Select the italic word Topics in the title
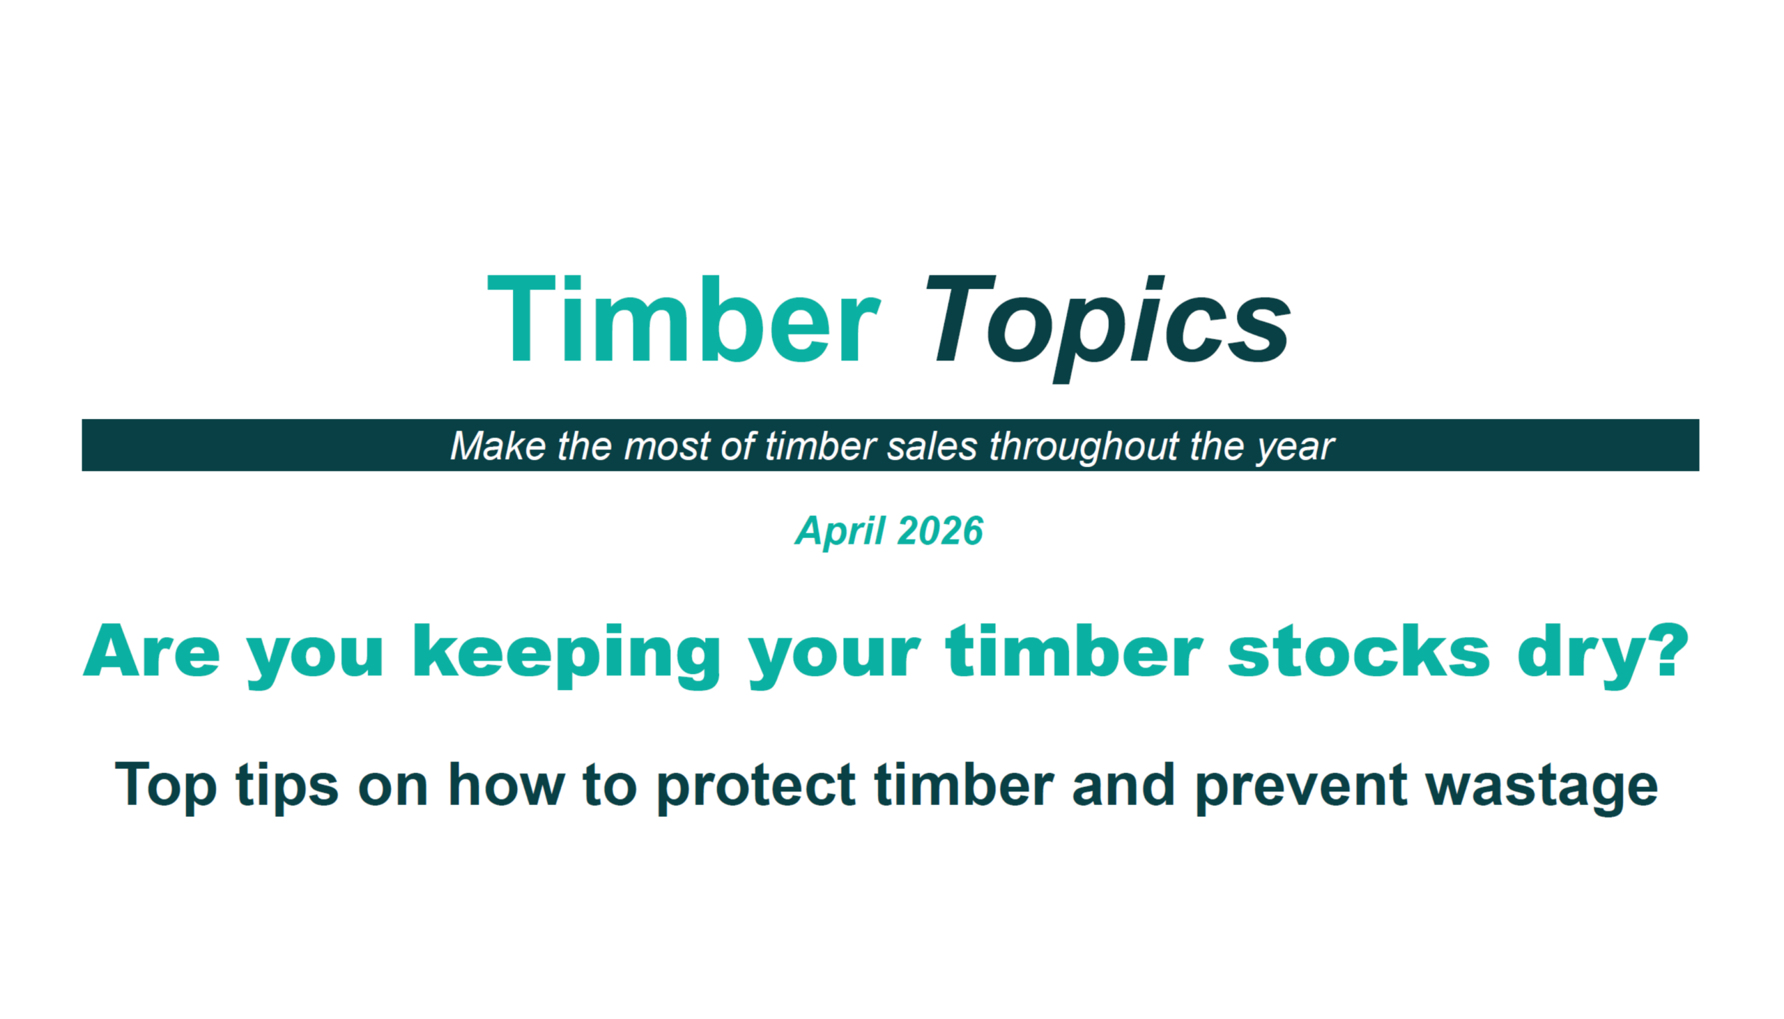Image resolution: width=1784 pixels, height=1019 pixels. click(1107, 328)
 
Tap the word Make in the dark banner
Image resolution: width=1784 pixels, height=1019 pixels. click(498, 446)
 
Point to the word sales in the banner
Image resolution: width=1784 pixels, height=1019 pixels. click(932, 446)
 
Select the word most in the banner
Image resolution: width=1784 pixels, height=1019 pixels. click(667, 447)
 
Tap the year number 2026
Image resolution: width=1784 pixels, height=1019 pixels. click(939, 530)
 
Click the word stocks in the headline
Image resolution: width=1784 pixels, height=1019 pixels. click(1358, 651)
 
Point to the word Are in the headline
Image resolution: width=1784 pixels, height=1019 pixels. click(152, 651)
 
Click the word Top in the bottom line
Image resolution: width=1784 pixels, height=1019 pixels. click(165, 788)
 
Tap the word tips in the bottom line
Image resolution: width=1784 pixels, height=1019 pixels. click(287, 788)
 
